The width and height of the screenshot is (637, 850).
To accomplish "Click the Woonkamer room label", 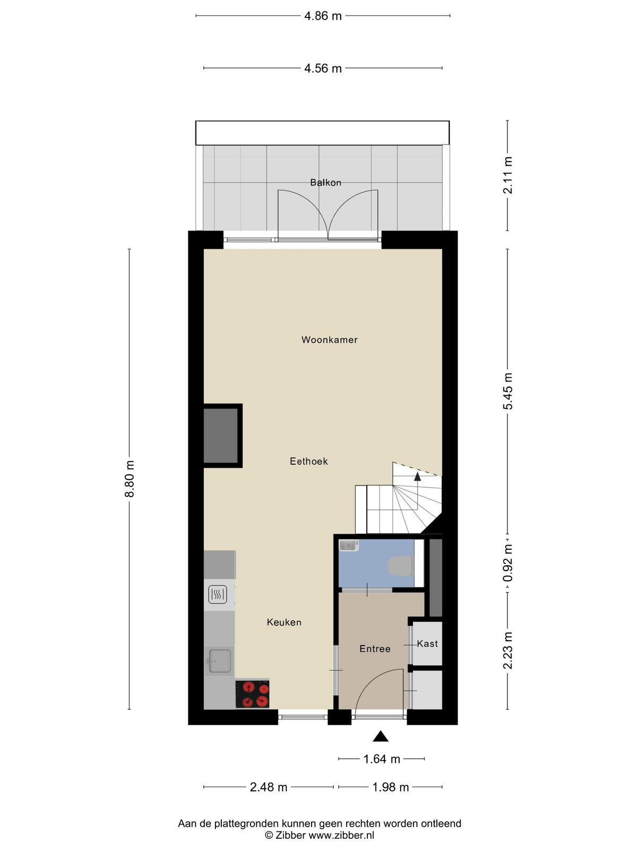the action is pyautogui.click(x=329, y=339).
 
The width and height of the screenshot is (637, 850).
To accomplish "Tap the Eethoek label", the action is pyautogui.click(x=308, y=461).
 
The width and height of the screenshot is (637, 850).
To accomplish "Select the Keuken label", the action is pyautogui.click(x=284, y=622).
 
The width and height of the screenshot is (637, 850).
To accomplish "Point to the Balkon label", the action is pyautogui.click(x=325, y=182).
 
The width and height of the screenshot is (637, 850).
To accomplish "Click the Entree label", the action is pyautogui.click(x=375, y=649).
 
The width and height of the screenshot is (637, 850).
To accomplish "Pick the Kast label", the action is pyautogui.click(x=427, y=643).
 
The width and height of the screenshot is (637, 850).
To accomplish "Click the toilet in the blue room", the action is pyautogui.click(x=400, y=566).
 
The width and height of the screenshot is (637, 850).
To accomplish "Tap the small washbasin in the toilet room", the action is pyautogui.click(x=349, y=545).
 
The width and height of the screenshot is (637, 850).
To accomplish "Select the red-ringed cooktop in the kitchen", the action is pyautogui.click(x=253, y=694).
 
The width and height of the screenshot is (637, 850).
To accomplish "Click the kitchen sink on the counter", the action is pyautogui.click(x=220, y=661).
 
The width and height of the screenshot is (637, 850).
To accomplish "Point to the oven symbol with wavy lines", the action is pyautogui.click(x=217, y=594).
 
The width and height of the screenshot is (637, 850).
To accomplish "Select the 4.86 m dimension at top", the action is pyautogui.click(x=323, y=16).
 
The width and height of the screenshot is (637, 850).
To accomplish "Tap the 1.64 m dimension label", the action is pyautogui.click(x=382, y=759).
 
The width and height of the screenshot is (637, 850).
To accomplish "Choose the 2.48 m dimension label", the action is pyautogui.click(x=269, y=787).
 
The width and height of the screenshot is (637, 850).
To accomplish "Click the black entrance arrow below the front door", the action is pyautogui.click(x=381, y=736).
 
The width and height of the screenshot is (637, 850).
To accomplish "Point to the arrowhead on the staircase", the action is pyautogui.click(x=418, y=477).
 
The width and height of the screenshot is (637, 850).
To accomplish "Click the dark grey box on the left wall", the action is pyautogui.click(x=221, y=436).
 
